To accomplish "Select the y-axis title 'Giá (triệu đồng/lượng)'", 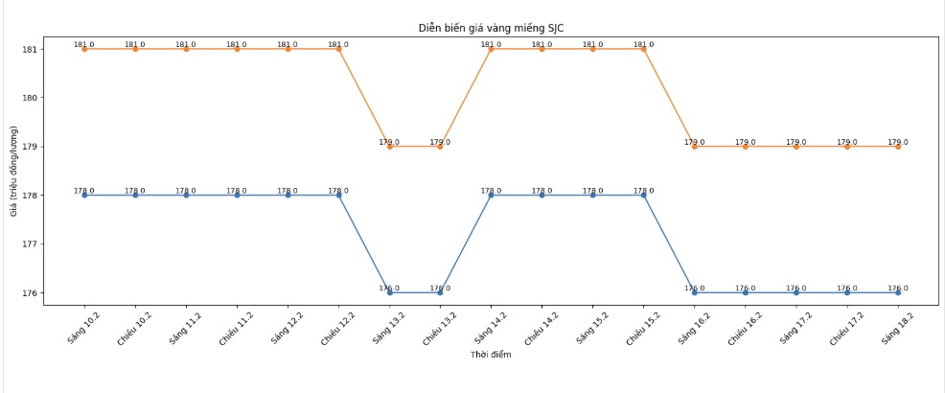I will [x=14, y=171].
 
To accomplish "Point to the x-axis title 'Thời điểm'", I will [x=491, y=355].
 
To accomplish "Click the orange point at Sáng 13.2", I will [x=389, y=147].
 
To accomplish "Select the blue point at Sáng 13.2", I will [x=389, y=292].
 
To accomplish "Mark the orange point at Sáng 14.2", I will [x=491, y=49].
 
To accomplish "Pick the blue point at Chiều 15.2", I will [x=643, y=195].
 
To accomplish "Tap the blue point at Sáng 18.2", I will [x=898, y=292].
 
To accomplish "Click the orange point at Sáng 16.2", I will [x=695, y=147].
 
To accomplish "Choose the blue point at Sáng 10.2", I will [x=84, y=195].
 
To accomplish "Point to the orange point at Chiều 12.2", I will [x=338, y=49].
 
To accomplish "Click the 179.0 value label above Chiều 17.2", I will [x=846, y=142].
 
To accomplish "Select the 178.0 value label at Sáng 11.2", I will [x=186, y=191].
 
